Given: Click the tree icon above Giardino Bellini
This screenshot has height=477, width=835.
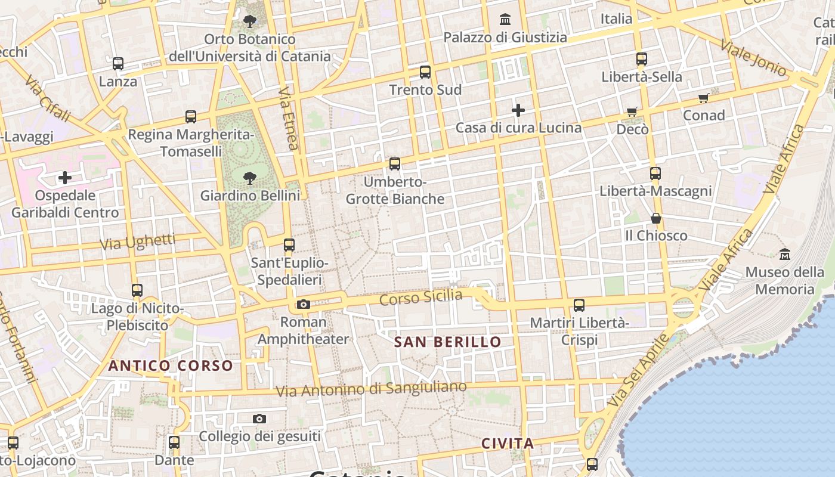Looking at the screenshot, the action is [x=250, y=178].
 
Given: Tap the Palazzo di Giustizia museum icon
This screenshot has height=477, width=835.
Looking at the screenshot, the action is [x=505, y=20].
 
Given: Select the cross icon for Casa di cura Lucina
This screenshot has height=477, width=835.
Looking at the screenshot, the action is [x=518, y=110].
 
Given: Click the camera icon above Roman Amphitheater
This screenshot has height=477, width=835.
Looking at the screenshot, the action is [x=303, y=305].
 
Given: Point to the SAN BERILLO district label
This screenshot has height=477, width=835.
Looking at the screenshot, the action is [x=448, y=342].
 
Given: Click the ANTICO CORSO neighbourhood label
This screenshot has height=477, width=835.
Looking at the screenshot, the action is [x=171, y=366].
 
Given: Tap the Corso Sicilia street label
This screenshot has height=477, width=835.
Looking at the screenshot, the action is [x=421, y=297].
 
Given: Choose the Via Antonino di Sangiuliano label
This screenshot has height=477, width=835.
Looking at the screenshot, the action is [x=372, y=389].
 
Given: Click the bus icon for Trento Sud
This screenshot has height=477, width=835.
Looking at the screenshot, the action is [x=425, y=72].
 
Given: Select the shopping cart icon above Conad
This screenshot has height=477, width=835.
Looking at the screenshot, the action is [x=704, y=98].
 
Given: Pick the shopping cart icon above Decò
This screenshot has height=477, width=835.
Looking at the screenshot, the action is [x=632, y=111].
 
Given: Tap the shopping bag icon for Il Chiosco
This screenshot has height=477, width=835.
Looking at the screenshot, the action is [x=656, y=218].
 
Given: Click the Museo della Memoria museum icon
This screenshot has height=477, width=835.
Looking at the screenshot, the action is [x=785, y=255].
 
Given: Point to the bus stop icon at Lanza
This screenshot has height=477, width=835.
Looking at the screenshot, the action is [x=118, y=64].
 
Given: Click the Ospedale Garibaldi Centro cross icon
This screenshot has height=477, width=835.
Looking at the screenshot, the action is [x=65, y=178].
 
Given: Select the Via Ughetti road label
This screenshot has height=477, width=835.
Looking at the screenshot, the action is [x=138, y=241].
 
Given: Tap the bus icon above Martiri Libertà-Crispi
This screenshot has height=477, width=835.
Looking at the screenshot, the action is [x=579, y=305].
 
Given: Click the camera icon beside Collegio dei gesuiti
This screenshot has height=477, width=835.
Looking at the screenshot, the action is [x=259, y=419].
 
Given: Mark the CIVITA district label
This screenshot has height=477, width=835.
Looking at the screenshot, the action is [x=508, y=444].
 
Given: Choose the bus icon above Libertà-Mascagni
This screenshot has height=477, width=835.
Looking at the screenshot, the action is [x=655, y=174].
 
